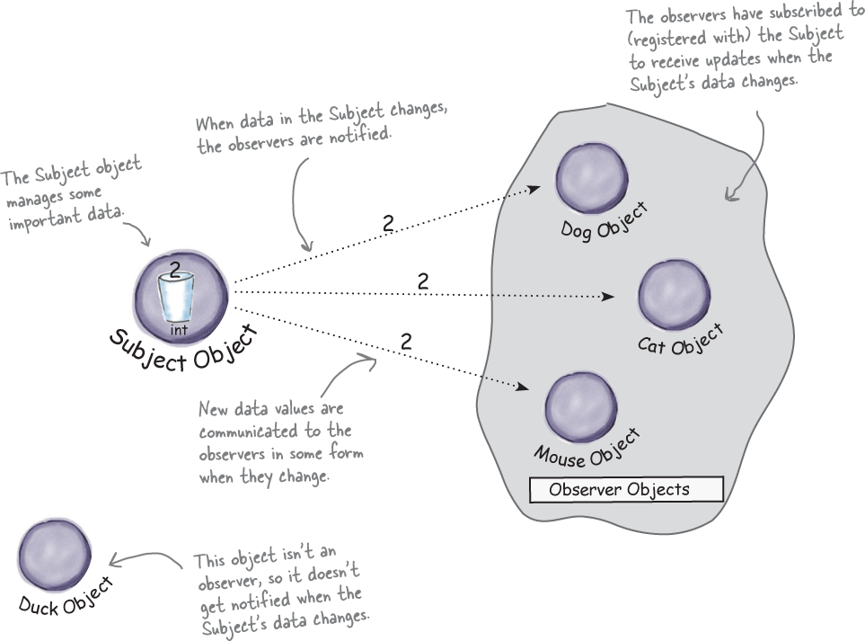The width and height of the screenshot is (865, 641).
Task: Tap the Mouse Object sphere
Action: pos(579,405)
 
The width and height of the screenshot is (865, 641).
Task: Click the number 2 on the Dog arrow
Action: pos(387,225)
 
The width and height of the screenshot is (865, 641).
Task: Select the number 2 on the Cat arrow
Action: pos(422,280)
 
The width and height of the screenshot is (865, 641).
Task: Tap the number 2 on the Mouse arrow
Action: pos(406,341)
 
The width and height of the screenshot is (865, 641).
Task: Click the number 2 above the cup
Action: pos(175,266)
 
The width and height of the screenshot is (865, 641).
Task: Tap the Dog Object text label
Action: pos(604,221)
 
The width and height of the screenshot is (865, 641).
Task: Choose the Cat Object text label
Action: pos(680,340)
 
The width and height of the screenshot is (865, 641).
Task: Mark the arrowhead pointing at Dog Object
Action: pos(535,188)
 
